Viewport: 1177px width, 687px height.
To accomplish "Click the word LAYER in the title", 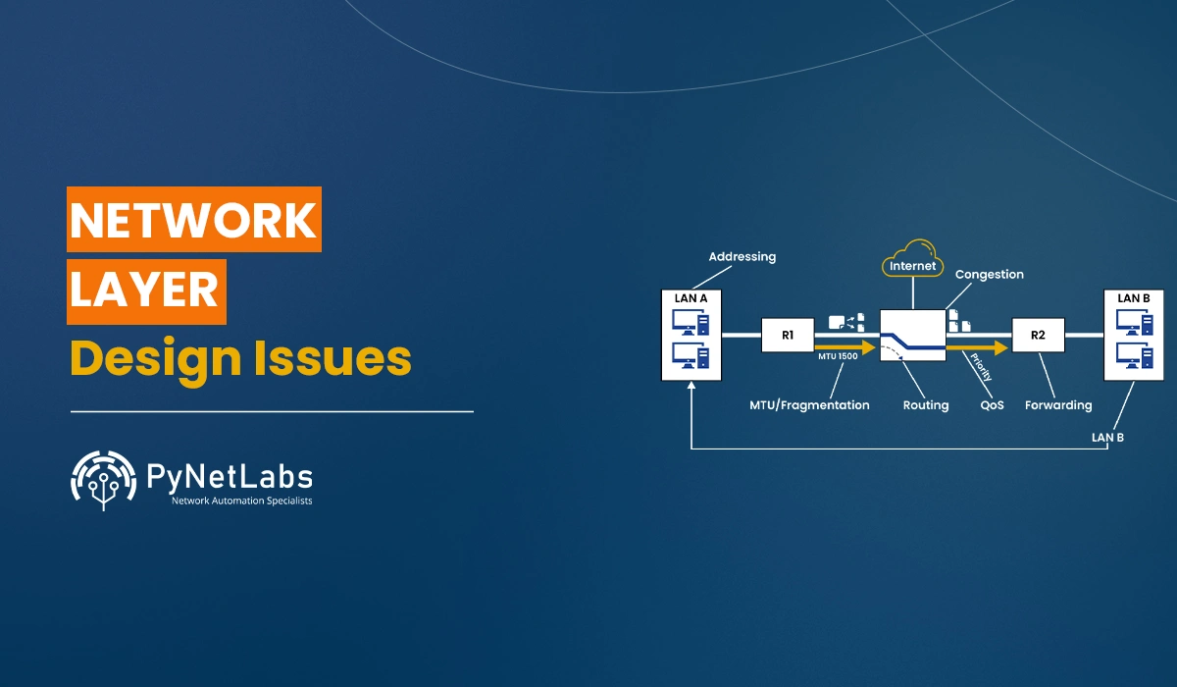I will point(145,291).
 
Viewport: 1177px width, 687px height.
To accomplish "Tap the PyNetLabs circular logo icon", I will point(102,479).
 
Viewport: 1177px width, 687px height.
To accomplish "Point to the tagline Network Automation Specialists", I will point(241,502).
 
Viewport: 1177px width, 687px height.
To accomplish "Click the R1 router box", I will point(788,335).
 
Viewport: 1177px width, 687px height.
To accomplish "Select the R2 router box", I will point(1039,335).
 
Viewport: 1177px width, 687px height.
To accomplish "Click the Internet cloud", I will point(913,260).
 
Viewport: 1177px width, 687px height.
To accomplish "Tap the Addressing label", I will point(742,257).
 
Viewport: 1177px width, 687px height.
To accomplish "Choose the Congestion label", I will point(989,275).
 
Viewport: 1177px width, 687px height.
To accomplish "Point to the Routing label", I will point(926,404).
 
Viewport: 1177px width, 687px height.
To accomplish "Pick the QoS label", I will point(992,404).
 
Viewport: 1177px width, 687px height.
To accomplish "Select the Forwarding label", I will point(1058,404).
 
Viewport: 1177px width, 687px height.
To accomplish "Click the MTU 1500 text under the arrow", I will point(839,357).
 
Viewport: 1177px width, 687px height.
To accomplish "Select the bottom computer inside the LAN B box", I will point(1134,353).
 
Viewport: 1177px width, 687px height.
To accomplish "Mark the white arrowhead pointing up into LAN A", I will point(691,388).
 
